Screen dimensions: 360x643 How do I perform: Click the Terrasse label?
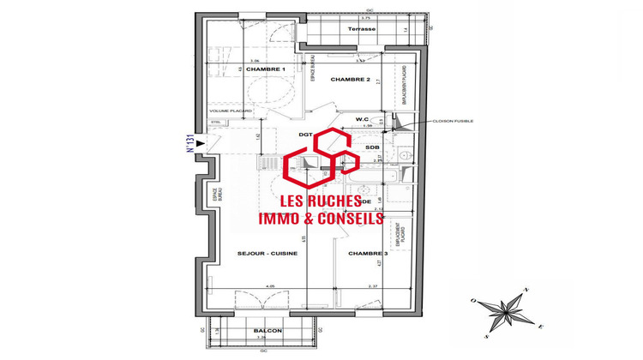coord(362,28)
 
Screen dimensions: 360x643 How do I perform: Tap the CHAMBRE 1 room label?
coord(265,69)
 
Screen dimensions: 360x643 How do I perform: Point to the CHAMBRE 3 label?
coord(368,254)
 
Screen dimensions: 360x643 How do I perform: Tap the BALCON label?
coord(266,331)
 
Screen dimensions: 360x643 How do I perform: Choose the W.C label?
coord(362,118)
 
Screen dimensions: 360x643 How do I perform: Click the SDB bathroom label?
coord(372,147)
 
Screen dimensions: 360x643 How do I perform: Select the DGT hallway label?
coord(304,135)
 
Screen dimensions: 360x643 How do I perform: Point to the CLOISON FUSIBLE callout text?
coord(453,121)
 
